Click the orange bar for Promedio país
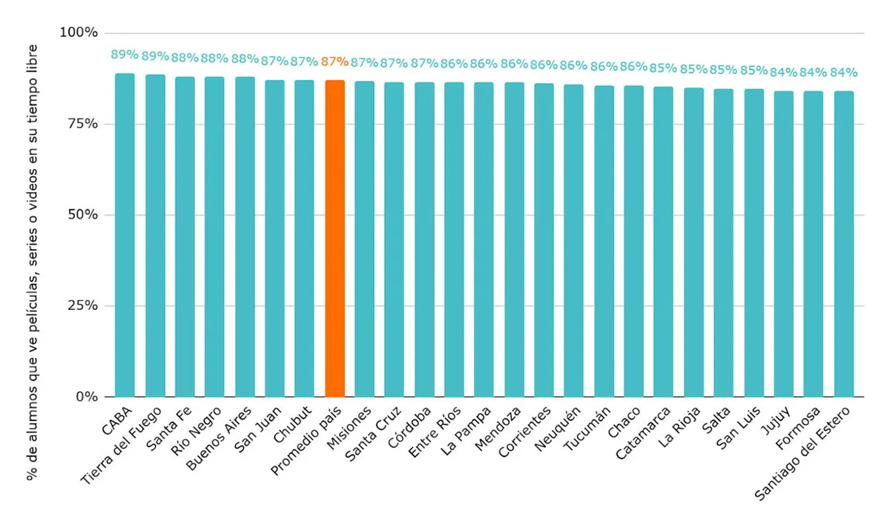[334, 237]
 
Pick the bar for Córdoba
[424, 239]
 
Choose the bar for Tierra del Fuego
[155, 235]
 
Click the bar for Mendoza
[514, 239]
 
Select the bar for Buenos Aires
[245, 237]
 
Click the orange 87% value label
[334, 62]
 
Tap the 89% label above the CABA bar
[125, 55]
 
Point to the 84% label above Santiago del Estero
[843, 73]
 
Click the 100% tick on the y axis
[79, 33]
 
